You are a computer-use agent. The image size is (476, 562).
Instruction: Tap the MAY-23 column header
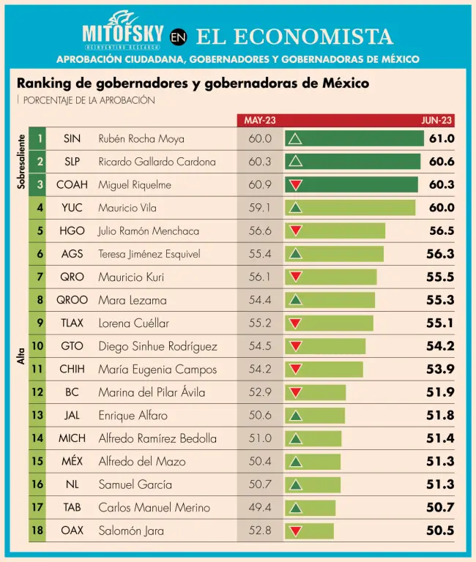260,121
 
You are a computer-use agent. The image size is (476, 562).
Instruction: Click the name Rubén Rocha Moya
141,138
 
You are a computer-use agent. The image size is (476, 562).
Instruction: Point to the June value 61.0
442,138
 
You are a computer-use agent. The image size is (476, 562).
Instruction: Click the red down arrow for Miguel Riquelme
296,184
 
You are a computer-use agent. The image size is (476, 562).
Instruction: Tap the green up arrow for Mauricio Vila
296,208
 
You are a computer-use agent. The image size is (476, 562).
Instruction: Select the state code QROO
72,300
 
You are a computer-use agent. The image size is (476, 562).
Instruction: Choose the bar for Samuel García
313,484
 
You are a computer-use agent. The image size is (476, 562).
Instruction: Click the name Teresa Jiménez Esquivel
149,254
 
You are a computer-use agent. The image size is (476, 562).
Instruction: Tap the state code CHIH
72,369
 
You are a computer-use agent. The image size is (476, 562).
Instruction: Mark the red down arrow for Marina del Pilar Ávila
296,392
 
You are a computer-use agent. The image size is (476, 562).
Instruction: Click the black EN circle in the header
179,37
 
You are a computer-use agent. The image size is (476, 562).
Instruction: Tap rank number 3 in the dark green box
40,184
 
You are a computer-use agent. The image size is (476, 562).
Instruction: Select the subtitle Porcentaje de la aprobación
89,100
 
